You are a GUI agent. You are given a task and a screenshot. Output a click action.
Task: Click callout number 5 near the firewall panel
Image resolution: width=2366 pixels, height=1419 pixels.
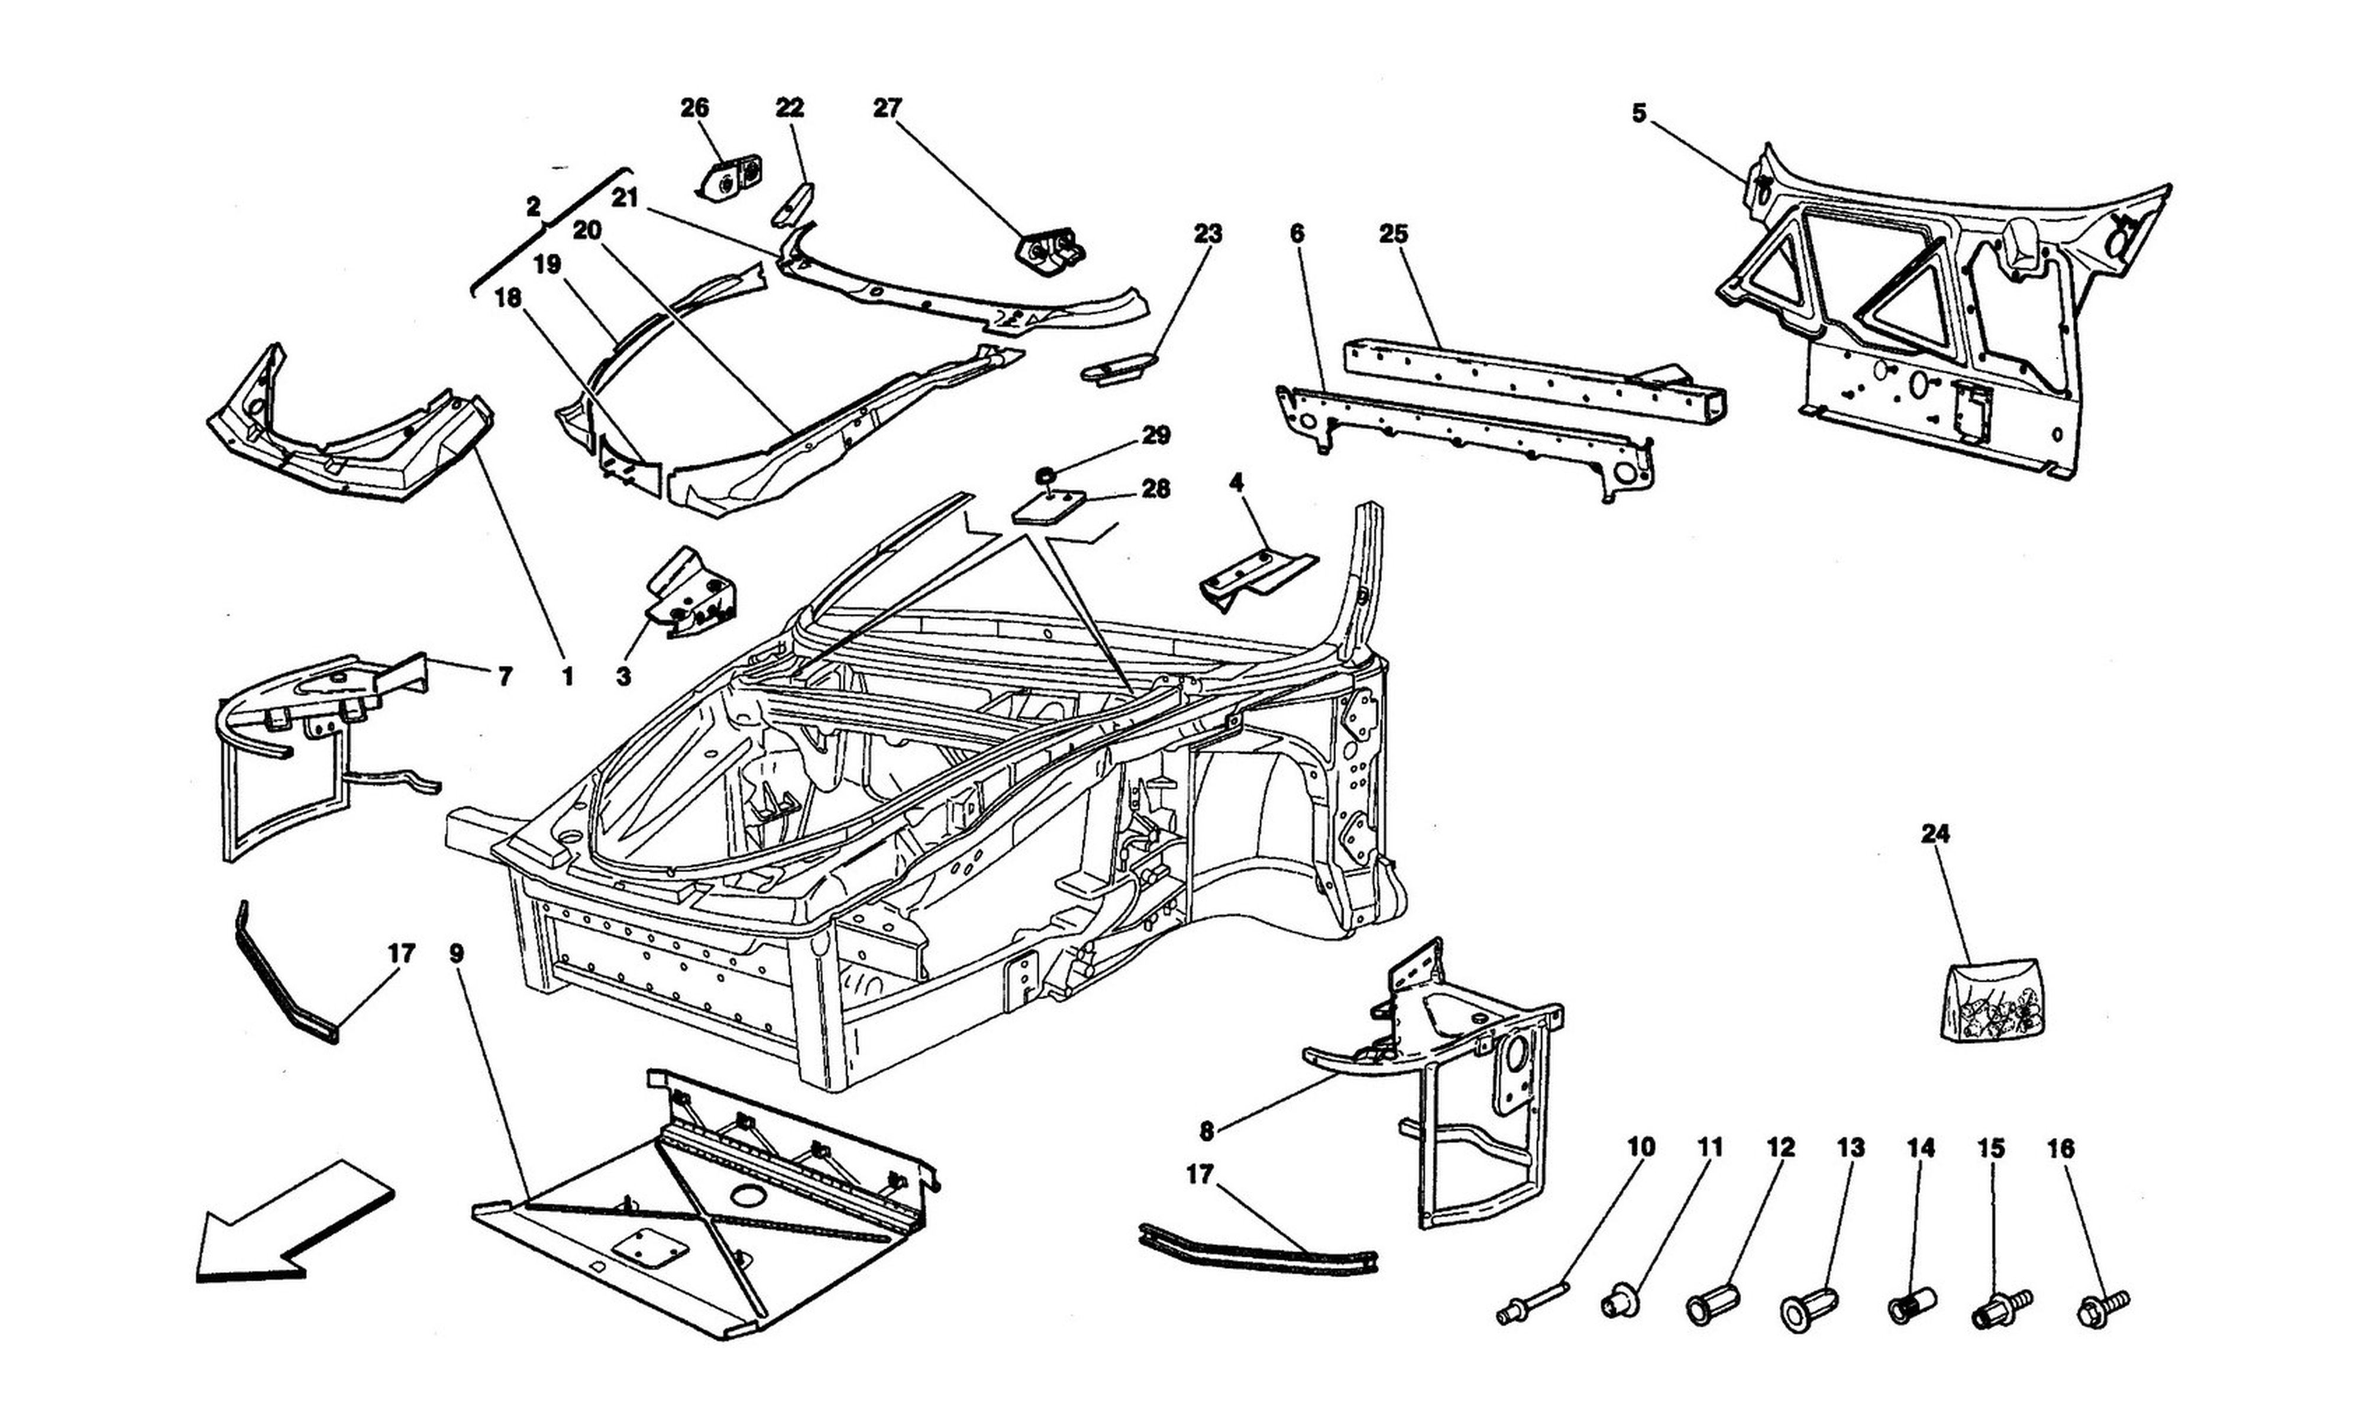[1639, 114]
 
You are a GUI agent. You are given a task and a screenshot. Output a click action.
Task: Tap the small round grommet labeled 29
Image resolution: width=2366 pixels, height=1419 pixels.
[1047, 474]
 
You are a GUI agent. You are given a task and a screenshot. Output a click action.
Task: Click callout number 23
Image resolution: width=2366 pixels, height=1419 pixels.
[1207, 234]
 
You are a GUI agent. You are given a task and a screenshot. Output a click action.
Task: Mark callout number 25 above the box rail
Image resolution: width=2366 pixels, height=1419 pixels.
[1394, 234]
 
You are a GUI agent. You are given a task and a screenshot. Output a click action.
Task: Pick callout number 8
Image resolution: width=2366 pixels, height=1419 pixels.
[1207, 1132]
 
